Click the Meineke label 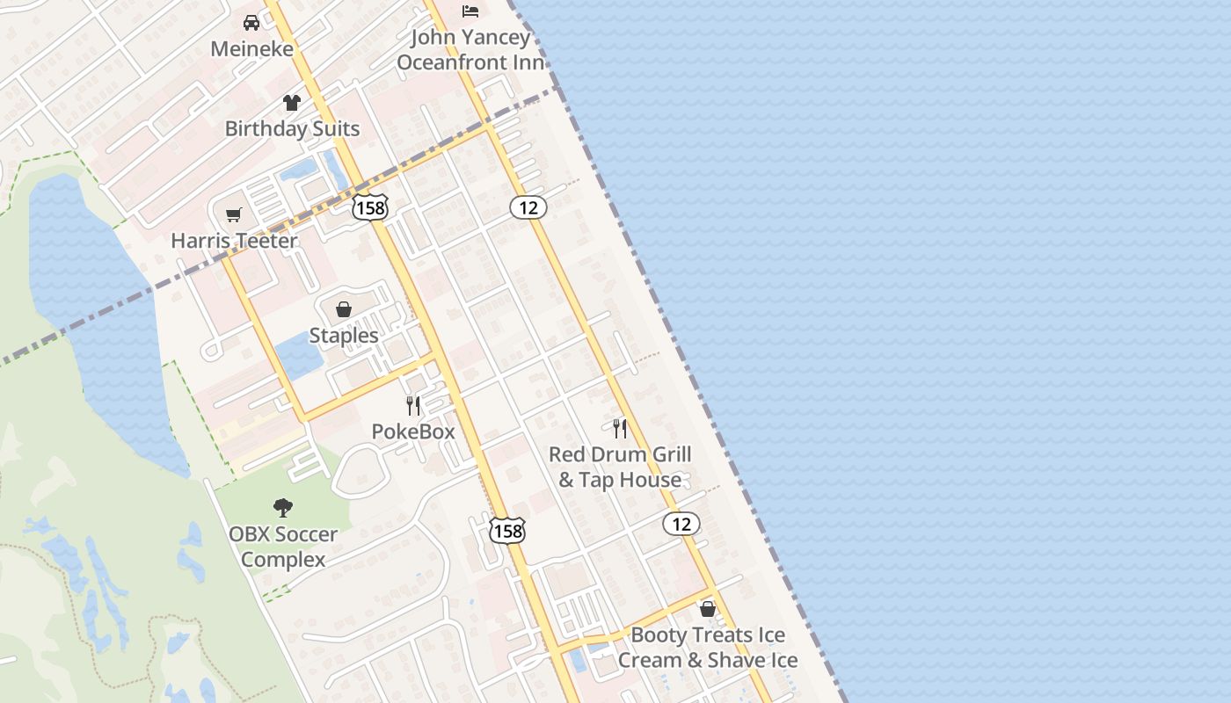251,49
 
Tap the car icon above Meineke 251,23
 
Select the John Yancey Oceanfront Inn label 470,50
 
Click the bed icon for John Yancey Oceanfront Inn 470,11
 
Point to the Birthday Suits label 292,128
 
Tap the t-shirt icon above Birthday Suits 292,103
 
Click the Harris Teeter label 234,240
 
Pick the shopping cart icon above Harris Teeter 234,214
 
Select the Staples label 344,336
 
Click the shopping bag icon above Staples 344,309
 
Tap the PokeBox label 413,431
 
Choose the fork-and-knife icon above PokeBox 413,405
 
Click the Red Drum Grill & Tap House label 620,467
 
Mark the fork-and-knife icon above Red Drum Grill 620,429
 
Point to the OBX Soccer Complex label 283,547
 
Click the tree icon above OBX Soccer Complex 283,507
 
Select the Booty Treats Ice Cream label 708,648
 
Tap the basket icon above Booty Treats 708,609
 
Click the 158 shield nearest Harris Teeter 369,207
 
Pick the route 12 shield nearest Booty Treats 681,525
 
